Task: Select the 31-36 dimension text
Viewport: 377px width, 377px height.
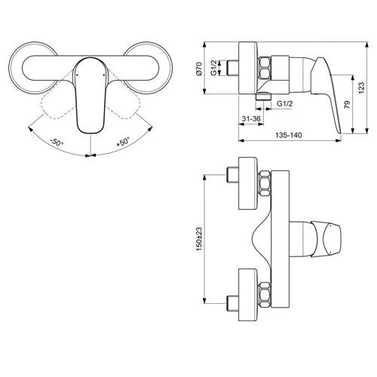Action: [x=251, y=120]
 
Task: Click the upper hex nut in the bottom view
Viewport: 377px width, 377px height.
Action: [x=265, y=185]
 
